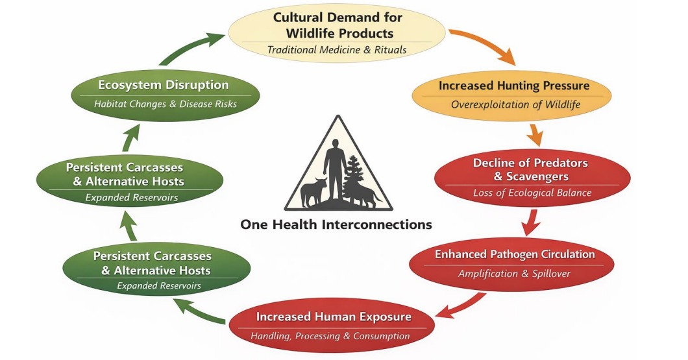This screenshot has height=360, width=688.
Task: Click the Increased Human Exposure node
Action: pyautogui.click(x=333, y=325)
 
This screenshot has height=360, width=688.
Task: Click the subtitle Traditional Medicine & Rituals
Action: pyautogui.click(x=337, y=49)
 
